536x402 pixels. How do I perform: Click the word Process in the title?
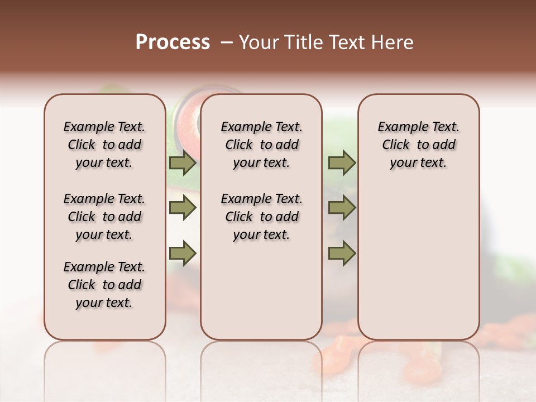coord(173,42)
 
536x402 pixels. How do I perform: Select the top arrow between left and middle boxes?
coord(183,163)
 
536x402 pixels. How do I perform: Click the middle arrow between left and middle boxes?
coord(183,208)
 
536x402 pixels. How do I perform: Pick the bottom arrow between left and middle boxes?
coord(183,253)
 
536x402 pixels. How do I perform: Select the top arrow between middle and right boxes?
coord(341,163)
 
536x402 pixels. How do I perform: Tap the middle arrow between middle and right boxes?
coord(341,208)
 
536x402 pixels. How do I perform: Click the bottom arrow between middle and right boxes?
coord(341,253)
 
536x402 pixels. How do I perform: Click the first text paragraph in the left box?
coord(104,145)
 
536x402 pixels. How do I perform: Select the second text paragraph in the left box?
coord(104,217)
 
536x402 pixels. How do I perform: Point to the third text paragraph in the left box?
coord(104,285)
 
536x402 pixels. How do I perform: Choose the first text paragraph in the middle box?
coord(261,145)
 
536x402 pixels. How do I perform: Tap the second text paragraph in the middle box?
coord(261,217)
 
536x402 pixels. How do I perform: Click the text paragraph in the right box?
coord(418,145)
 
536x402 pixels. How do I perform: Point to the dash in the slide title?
coord(226,42)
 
